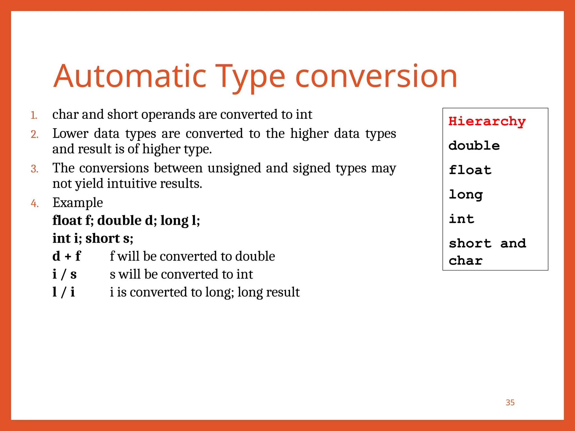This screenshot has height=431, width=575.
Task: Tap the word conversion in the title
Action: click(376, 76)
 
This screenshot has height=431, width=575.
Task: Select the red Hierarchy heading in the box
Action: click(487, 121)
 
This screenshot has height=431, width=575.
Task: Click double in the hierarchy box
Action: click(474, 146)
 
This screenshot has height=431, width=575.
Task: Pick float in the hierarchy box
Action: click(470, 170)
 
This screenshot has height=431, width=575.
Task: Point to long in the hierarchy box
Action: click(466, 194)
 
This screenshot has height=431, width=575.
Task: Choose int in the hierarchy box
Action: click(461, 219)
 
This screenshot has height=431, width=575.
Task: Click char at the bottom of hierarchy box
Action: click(466, 261)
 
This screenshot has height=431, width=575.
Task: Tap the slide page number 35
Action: click(510, 402)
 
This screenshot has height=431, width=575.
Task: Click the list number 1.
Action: click(34, 115)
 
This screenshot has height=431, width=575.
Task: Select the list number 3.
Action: click(34, 169)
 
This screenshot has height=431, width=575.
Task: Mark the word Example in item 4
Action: click(78, 203)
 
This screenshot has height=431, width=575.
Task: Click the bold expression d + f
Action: click(67, 256)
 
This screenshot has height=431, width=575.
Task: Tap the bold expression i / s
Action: click(65, 274)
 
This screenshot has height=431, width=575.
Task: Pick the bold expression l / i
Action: click(64, 292)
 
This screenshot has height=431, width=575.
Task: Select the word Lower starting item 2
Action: click(70, 133)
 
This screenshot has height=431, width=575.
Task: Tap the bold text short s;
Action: click(109, 238)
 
